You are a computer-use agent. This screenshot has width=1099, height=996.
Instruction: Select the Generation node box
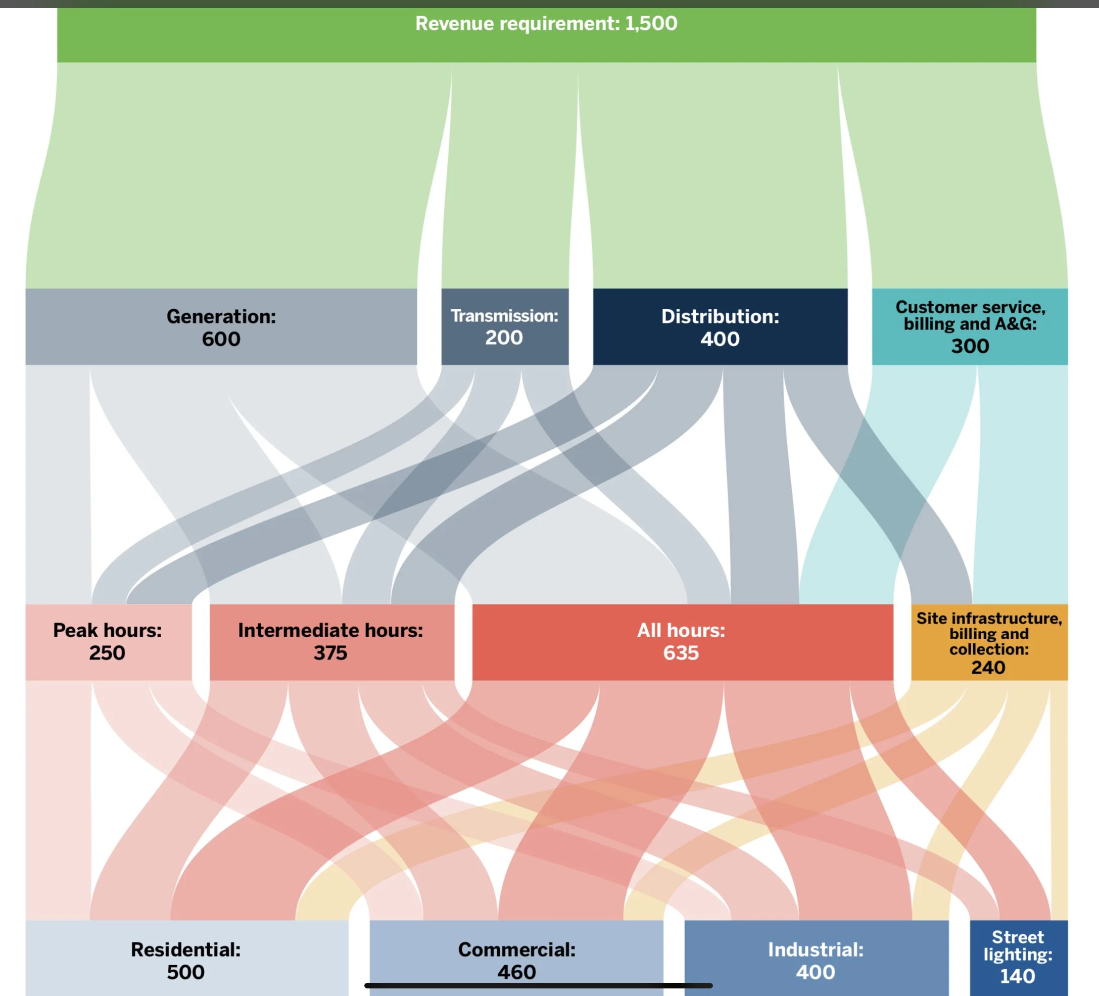pos(221,326)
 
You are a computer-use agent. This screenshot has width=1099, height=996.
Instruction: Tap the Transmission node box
pos(504,326)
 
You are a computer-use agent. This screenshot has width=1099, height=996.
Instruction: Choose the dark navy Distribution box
pos(720,326)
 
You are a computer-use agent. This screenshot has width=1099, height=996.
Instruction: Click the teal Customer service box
pos(969,326)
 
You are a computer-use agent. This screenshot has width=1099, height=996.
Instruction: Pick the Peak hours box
pos(108,642)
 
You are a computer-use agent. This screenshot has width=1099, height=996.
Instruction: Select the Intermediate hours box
pos(331,642)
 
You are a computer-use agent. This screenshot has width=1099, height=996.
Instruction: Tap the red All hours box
pos(682,642)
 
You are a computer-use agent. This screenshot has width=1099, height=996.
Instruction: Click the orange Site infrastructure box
pos(989,642)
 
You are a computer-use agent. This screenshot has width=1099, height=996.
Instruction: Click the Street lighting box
pos(1018,957)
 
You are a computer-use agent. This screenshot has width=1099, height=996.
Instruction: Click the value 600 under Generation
pos(221,339)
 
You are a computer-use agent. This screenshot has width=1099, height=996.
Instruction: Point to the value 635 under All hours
pos(681,653)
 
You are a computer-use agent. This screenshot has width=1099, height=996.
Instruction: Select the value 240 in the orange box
pos(988,667)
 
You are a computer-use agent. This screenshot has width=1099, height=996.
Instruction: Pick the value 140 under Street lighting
pos(1017,976)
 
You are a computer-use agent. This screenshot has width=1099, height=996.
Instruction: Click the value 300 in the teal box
pos(970,346)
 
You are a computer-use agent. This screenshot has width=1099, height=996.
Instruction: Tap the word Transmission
pos(504,316)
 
